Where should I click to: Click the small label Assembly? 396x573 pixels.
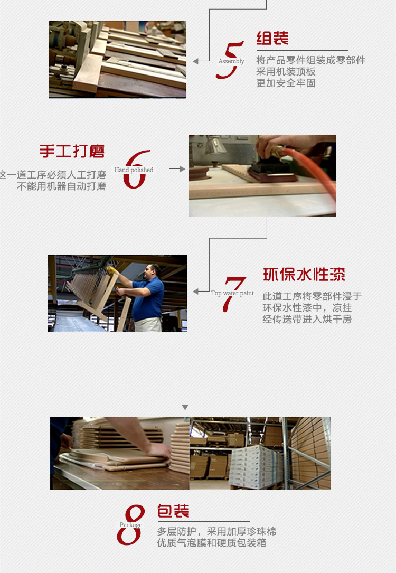231,61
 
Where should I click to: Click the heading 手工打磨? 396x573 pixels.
72,152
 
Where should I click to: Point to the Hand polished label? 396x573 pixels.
134,170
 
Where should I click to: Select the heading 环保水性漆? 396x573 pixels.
304,275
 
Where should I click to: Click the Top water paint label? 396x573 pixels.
232,293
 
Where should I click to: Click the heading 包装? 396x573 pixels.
173,511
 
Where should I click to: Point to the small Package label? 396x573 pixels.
130,525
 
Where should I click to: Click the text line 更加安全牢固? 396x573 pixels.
286,83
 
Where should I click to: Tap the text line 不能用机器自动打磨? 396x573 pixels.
61,186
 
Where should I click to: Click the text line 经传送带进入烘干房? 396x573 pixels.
307,319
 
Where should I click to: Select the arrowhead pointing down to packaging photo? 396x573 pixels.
185,407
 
